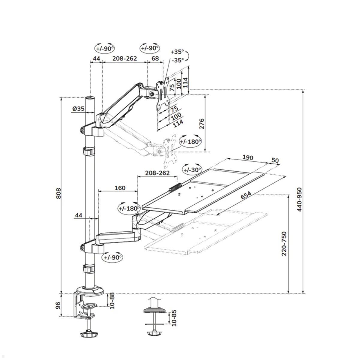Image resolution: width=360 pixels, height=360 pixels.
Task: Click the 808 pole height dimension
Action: tap(58, 193)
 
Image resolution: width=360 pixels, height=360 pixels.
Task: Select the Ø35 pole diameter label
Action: tap(78, 109)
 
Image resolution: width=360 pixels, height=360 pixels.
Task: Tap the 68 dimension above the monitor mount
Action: tap(155, 58)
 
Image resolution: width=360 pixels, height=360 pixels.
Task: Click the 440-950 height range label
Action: tap(299, 199)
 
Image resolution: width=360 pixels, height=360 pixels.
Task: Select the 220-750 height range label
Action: tap(284, 243)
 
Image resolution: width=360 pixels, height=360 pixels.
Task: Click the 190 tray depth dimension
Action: tap(247, 157)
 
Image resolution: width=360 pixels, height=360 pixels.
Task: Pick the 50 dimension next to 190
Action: tap(275, 160)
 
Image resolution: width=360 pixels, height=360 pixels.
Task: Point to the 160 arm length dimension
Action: tap(120, 188)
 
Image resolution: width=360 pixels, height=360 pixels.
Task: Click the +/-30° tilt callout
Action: tap(192, 170)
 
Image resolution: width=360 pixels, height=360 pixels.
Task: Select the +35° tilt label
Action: tap(177, 52)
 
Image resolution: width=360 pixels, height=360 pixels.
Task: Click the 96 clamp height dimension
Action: tap(58, 305)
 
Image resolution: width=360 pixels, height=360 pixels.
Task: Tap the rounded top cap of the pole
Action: tap(90, 98)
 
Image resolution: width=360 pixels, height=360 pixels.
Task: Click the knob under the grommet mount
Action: tap(154, 334)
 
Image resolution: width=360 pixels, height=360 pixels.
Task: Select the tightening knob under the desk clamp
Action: tap(89, 334)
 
